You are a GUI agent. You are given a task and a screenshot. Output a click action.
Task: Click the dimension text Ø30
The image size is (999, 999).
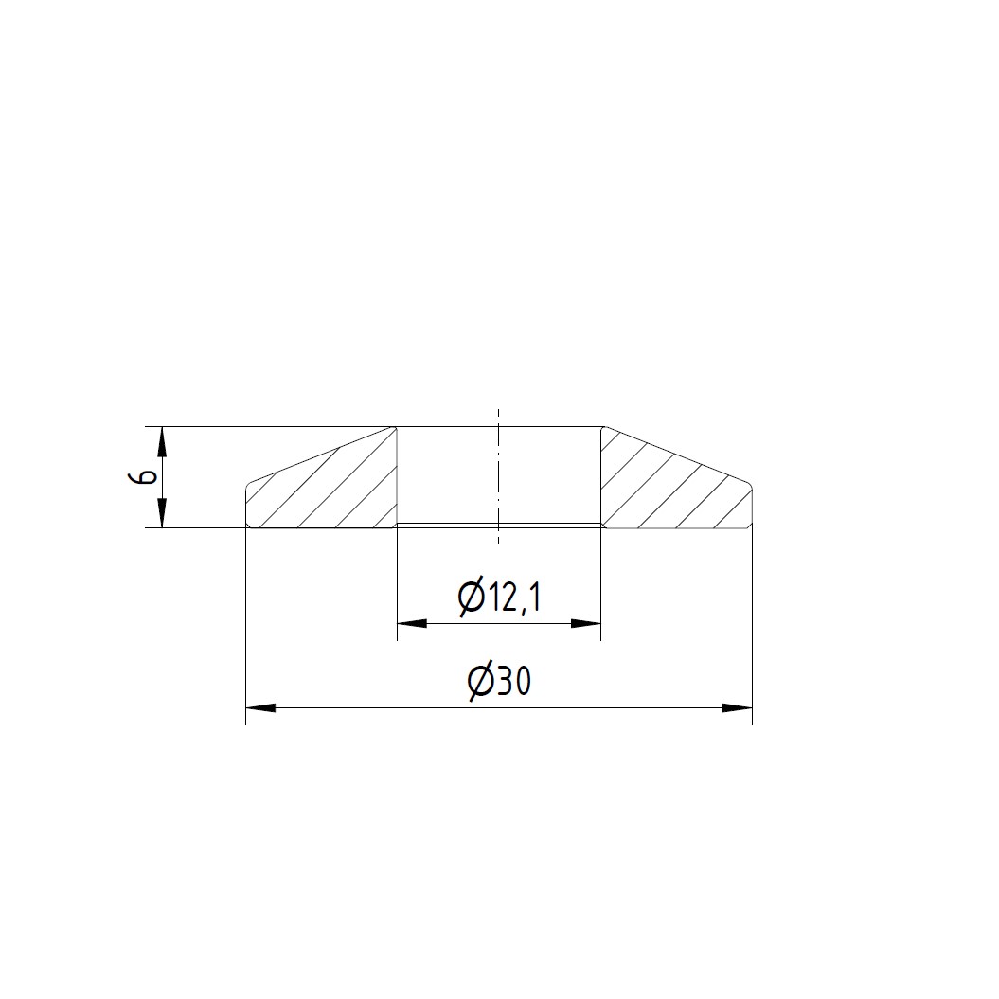pyautogui.click(x=499, y=683)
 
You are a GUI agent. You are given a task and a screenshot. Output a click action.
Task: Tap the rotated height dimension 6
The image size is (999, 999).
pyautogui.click(x=148, y=477)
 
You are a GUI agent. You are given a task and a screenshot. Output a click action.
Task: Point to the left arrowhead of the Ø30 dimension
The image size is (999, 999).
pyautogui.click(x=260, y=707)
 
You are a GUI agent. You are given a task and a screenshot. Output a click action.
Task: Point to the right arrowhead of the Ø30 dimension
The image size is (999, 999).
pyautogui.click(x=738, y=707)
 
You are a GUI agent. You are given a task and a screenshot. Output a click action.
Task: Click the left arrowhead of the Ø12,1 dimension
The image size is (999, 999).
pyautogui.click(x=412, y=623)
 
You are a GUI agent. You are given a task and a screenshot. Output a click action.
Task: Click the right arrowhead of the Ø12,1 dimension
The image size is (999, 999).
pyautogui.click(x=586, y=623)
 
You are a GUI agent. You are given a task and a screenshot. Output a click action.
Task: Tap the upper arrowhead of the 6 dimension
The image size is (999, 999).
pyautogui.click(x=163, y=441)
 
